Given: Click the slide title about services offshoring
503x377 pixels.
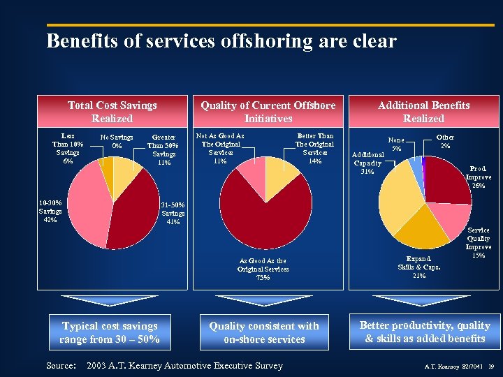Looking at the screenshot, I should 221,41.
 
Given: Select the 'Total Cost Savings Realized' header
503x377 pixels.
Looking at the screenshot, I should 112,112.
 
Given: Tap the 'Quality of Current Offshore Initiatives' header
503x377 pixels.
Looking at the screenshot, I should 268,112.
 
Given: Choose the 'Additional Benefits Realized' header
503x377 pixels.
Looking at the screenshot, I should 424,112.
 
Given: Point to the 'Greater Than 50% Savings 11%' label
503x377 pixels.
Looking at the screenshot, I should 163,149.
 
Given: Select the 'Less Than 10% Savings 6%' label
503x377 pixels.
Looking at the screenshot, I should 68,148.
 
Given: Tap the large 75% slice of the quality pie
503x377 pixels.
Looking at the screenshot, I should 265,216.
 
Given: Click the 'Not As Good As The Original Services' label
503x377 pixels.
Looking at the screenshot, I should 220,148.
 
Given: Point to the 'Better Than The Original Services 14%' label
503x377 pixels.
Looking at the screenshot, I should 315,148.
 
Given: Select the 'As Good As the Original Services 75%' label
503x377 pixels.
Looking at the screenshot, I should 262,269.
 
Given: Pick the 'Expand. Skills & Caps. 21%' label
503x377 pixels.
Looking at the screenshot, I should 419,266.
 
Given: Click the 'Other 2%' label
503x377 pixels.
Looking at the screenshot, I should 445,141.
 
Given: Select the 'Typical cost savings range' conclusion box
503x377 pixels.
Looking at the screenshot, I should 110,332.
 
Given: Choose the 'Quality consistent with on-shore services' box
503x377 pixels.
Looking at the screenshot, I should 264,332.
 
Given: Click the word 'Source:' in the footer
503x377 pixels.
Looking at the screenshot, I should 61,365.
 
